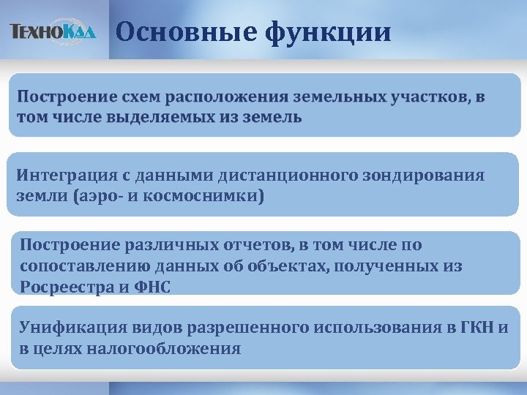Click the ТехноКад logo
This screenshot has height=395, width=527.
click(x=53, y=32)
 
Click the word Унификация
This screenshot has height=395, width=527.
click(x=62, y=326)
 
